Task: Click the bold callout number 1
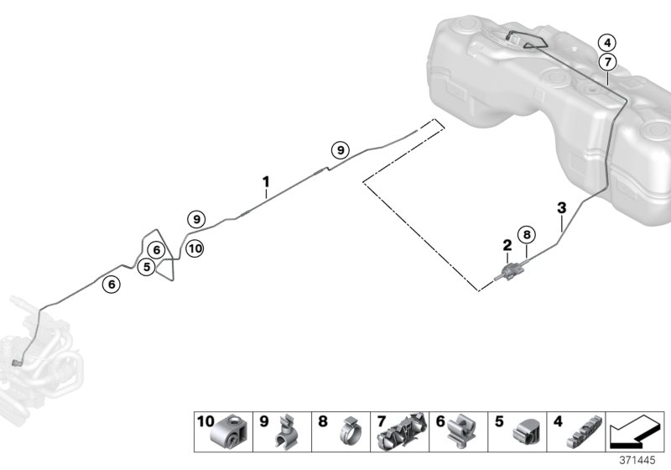266,181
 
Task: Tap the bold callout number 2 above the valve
507,245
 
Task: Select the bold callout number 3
562,207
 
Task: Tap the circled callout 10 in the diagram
195,248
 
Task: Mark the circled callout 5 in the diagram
147,267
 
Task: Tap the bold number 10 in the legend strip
205,421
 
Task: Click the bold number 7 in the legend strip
381,421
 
